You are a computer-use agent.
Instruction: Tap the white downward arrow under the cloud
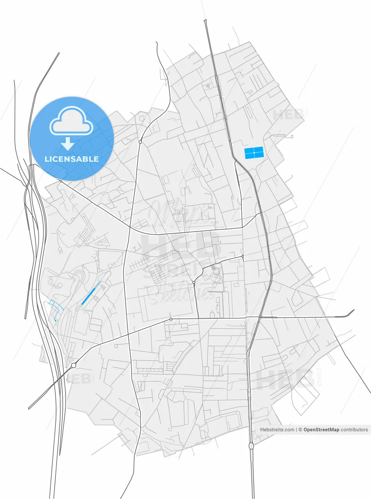click(x=68, y=143)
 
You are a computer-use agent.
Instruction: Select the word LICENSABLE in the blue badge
click(x=71, y=159)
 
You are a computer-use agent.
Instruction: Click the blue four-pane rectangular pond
click(x=254, y=153)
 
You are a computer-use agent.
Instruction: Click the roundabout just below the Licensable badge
click(x=61, y=181)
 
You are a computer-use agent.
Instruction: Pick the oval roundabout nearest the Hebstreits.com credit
click(x=251, y=446)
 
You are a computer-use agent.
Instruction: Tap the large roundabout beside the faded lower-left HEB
click(x=73, y=365)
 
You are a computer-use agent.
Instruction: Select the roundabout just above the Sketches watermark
click(x=194, y=282)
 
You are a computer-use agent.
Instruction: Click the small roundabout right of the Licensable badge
click(x=140, y=142)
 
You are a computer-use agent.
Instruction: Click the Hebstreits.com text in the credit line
click(x=277, y=430)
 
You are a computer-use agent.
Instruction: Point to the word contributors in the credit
click(x=354, y=430)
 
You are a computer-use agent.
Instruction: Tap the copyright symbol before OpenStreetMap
click(x=301, y=430)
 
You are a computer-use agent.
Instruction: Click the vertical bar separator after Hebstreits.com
click(x=297, y=430)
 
